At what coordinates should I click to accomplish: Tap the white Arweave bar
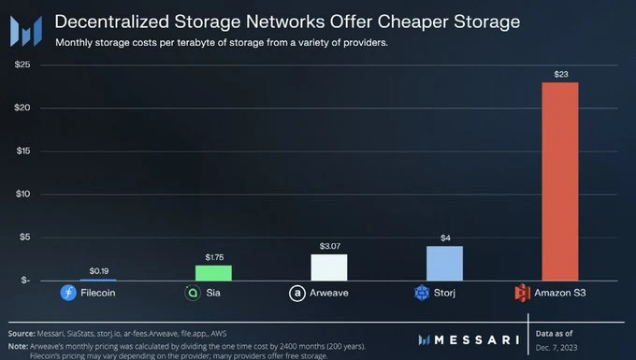(x=328, y=267)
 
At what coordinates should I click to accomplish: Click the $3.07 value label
(x=328, y=245)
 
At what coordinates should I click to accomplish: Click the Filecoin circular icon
(x=67, y=293)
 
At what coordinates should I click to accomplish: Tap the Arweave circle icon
(x=297, y=293)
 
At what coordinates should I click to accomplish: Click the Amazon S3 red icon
(x=523, y=293)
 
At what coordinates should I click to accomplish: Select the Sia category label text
(x=214, y=293)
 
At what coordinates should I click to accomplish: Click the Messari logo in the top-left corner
(x=25, y=29)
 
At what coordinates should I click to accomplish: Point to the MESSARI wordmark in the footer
(x=472, y=338)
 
